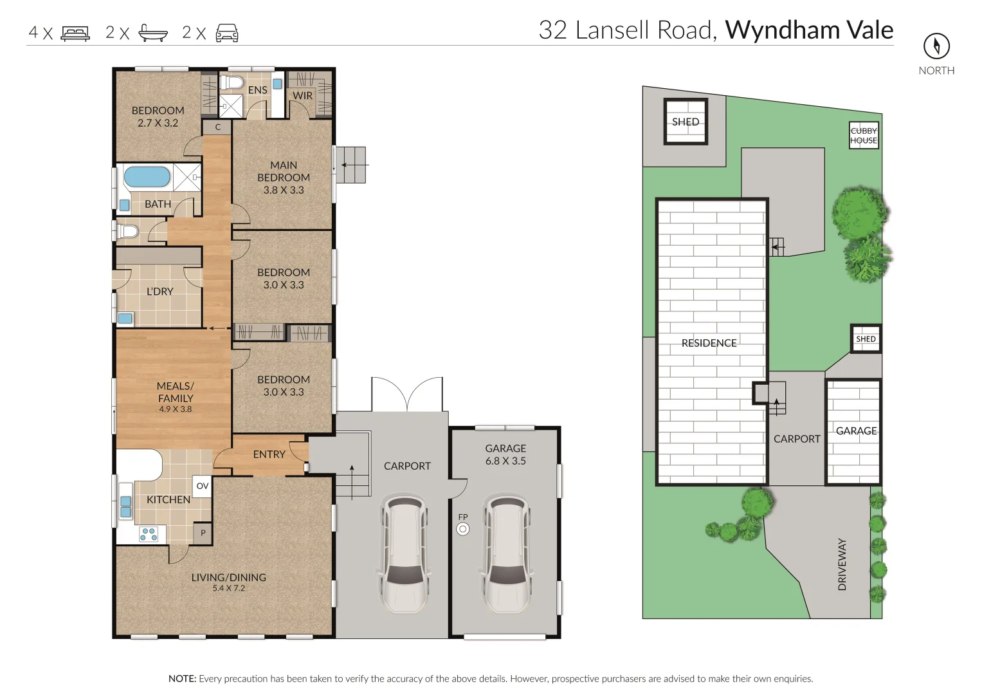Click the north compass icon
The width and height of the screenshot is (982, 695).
[936, 46]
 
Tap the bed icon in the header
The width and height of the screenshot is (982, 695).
[75, 33]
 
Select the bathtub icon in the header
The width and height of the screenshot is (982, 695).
[153, 33]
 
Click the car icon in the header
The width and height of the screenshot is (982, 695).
[227, 33]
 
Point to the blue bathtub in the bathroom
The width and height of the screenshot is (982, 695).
[147, 177]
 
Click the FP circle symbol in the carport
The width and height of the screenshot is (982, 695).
[462, 529]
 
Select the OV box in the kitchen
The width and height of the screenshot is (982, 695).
[202, 486]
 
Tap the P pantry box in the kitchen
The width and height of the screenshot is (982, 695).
[203, 533]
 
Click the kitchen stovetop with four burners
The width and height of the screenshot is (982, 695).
[149, 534]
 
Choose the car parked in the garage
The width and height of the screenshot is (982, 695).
[506, 553]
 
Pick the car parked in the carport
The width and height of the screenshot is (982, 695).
[404, 553]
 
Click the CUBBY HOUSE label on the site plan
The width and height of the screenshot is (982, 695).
[864, 135]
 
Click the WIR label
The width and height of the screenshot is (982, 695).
[302, 95]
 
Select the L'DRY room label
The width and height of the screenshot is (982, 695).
[159, 292]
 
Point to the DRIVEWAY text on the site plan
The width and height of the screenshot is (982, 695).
[842, 564]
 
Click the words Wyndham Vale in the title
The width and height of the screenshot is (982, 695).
[809, 30]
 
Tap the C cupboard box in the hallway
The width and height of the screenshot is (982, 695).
[217, 127]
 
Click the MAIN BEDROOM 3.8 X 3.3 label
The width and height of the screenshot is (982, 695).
[284, 178]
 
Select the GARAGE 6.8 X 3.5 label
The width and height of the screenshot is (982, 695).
[505, 454]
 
